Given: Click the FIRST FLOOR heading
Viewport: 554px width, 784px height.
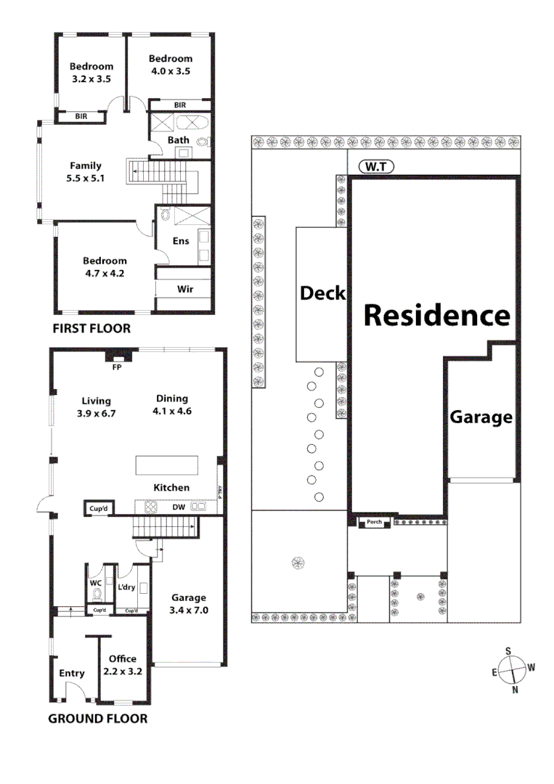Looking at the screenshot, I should (91, 329).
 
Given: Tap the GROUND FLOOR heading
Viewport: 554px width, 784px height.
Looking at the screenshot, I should (97, 719).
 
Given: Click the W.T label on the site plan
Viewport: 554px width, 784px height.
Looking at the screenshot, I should (376, 167).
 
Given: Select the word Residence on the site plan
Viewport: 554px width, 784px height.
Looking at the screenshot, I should (436, 316).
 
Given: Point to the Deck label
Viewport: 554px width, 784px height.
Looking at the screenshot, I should (322, 293).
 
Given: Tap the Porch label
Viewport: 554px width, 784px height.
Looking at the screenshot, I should (375, 522).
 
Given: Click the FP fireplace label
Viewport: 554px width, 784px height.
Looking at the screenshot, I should (115, 367).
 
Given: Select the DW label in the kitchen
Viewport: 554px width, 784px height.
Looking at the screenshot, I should (178, 508).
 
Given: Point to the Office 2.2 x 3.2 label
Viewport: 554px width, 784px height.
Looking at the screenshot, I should (122, 665).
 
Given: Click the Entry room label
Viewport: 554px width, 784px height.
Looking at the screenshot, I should (72, 674).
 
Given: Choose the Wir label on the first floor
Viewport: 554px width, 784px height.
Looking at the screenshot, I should (185, 289).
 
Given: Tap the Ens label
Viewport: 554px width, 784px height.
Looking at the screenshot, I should (181, 241).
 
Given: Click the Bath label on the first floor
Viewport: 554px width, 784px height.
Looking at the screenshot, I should (179, 140).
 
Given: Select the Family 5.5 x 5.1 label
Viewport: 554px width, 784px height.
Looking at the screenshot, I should (86, 171).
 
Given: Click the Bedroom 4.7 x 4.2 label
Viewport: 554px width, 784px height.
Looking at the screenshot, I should (105, 267).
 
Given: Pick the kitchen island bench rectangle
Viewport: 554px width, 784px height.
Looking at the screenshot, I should (167, 465).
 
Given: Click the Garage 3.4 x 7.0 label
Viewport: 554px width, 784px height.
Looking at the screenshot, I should (189, 604).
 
